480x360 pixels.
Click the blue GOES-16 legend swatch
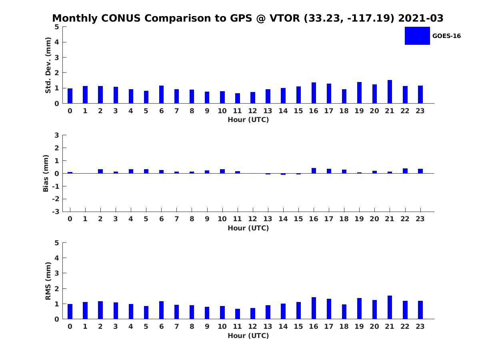[417, 36]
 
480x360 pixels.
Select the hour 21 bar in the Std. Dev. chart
[390, 92]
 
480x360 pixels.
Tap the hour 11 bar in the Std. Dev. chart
[238, 98]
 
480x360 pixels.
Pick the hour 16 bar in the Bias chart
[314, 171]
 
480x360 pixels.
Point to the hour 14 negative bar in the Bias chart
[283, 174]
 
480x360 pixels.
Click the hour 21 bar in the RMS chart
[390, 307]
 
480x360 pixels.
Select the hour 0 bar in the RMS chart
[70, 312]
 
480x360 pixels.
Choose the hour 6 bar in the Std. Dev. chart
[161, 94]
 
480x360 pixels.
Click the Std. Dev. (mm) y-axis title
[48, 65]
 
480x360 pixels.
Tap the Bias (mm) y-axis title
[46, 173]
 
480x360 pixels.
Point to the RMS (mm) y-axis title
[48, 281]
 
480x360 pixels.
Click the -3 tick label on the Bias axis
[56, 212]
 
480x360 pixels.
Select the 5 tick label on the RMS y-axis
[57, 243]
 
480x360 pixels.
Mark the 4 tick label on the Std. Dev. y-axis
[57, 42]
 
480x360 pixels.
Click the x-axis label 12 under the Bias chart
[252, 219]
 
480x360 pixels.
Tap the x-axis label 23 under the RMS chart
[420, 326]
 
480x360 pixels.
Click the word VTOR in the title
[285, 18]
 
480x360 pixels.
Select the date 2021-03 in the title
[421, 18]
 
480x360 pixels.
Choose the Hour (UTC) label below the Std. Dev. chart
[248, 120]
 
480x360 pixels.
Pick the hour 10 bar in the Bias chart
[222, 171]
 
